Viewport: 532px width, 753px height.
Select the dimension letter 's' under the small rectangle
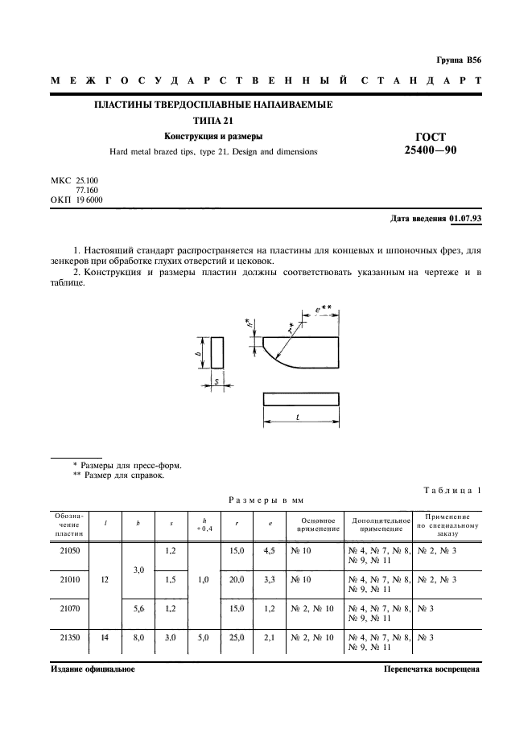coord(217,381)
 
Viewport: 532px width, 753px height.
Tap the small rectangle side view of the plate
coord(217,352)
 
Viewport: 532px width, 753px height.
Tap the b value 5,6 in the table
coord(138,608)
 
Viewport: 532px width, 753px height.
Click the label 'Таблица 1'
coord(452,491)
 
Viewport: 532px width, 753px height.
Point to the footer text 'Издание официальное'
coord(93,669)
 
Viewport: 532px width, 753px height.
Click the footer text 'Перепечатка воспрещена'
coord(431,669)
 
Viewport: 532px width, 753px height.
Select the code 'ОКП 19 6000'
coord(76,199)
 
